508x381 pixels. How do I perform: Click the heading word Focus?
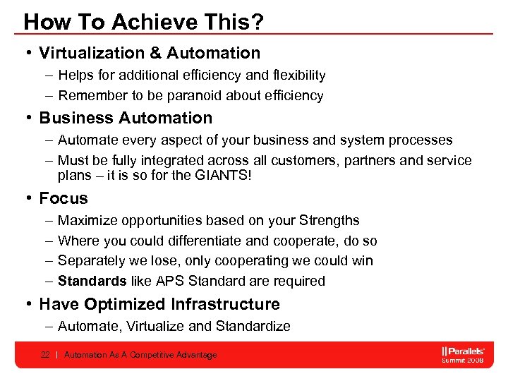pos(64,198)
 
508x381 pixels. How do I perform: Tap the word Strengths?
pos(329,221)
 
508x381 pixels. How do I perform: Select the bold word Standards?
pos(92,281)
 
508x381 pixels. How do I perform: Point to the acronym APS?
pos(170,281)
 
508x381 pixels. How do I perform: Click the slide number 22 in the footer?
pos(45,355)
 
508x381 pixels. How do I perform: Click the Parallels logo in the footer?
pos(462,351)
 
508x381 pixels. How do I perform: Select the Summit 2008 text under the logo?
pos(463,361)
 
